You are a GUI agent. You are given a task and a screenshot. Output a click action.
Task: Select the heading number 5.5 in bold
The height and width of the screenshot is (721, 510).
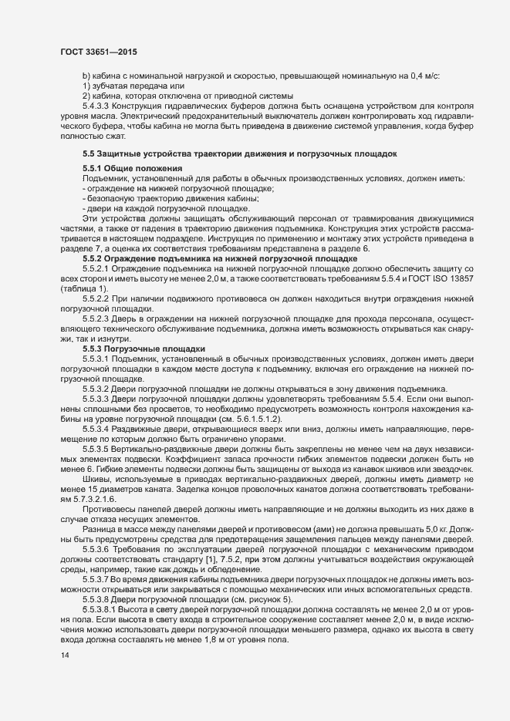[89, 154]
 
